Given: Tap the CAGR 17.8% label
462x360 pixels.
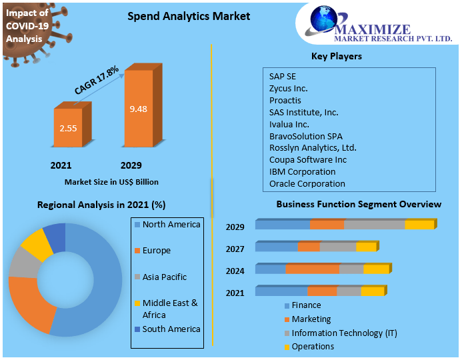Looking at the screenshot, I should [97, 79].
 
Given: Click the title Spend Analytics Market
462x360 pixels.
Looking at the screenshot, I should [189, 15].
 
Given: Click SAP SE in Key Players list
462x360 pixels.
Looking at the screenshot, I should [283, 76].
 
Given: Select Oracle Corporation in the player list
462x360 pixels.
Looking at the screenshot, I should [307, 183].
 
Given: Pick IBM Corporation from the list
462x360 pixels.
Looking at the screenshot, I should [302, 171].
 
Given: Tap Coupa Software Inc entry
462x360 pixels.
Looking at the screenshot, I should [307, 159].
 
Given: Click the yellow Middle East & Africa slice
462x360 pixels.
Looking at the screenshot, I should [36, 244].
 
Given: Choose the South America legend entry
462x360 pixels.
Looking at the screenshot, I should [171, 329].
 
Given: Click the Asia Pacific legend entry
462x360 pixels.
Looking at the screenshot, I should [164, 277].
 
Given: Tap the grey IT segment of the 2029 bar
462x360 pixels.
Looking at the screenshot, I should [374, 225].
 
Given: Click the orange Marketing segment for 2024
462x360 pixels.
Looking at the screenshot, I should [312, 269].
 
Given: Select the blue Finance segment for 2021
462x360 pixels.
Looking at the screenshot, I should [281, 291].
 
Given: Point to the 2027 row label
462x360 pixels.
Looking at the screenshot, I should [235, 249].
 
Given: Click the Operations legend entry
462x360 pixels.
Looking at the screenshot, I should [312, 347].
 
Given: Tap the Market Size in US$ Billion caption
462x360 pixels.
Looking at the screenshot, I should [111, 181].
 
